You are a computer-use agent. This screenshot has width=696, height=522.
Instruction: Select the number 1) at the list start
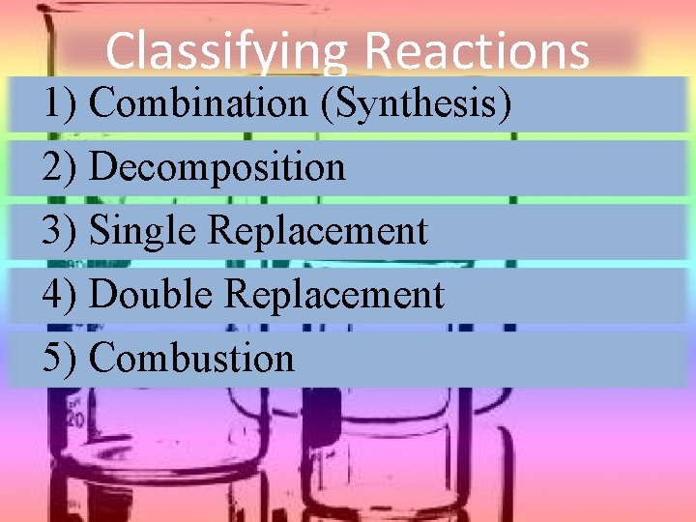click(60, 102)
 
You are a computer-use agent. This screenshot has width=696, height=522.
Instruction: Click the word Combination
click(197, 102)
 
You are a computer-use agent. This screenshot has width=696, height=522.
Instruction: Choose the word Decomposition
click(217, 168)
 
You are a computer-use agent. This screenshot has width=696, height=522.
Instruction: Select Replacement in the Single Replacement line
click(318, 232)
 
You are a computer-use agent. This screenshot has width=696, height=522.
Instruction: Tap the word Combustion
click(191, 359)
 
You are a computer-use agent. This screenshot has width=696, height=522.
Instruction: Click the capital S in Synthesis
click(343, 102)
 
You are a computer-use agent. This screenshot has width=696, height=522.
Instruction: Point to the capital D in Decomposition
click(101, 167)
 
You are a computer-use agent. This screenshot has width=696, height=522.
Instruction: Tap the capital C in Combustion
click(101, 359)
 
